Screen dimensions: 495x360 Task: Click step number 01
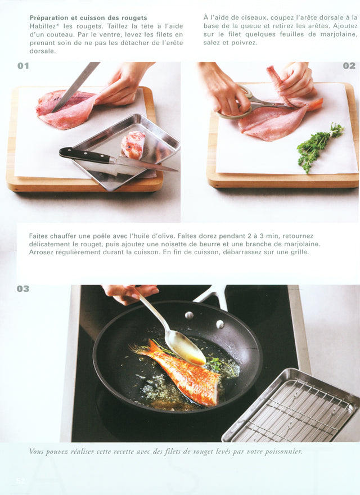(x=23, y=66)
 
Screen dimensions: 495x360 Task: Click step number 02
(x=349, y=66)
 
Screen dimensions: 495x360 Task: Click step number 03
(x=23, y=289)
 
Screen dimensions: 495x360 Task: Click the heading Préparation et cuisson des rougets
(x=88, y=18)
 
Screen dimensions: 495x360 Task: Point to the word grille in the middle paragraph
(x=298, y=252)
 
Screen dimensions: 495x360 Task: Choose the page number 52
(x=21, y=481)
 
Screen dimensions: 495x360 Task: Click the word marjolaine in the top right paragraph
(x=337, y=34)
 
